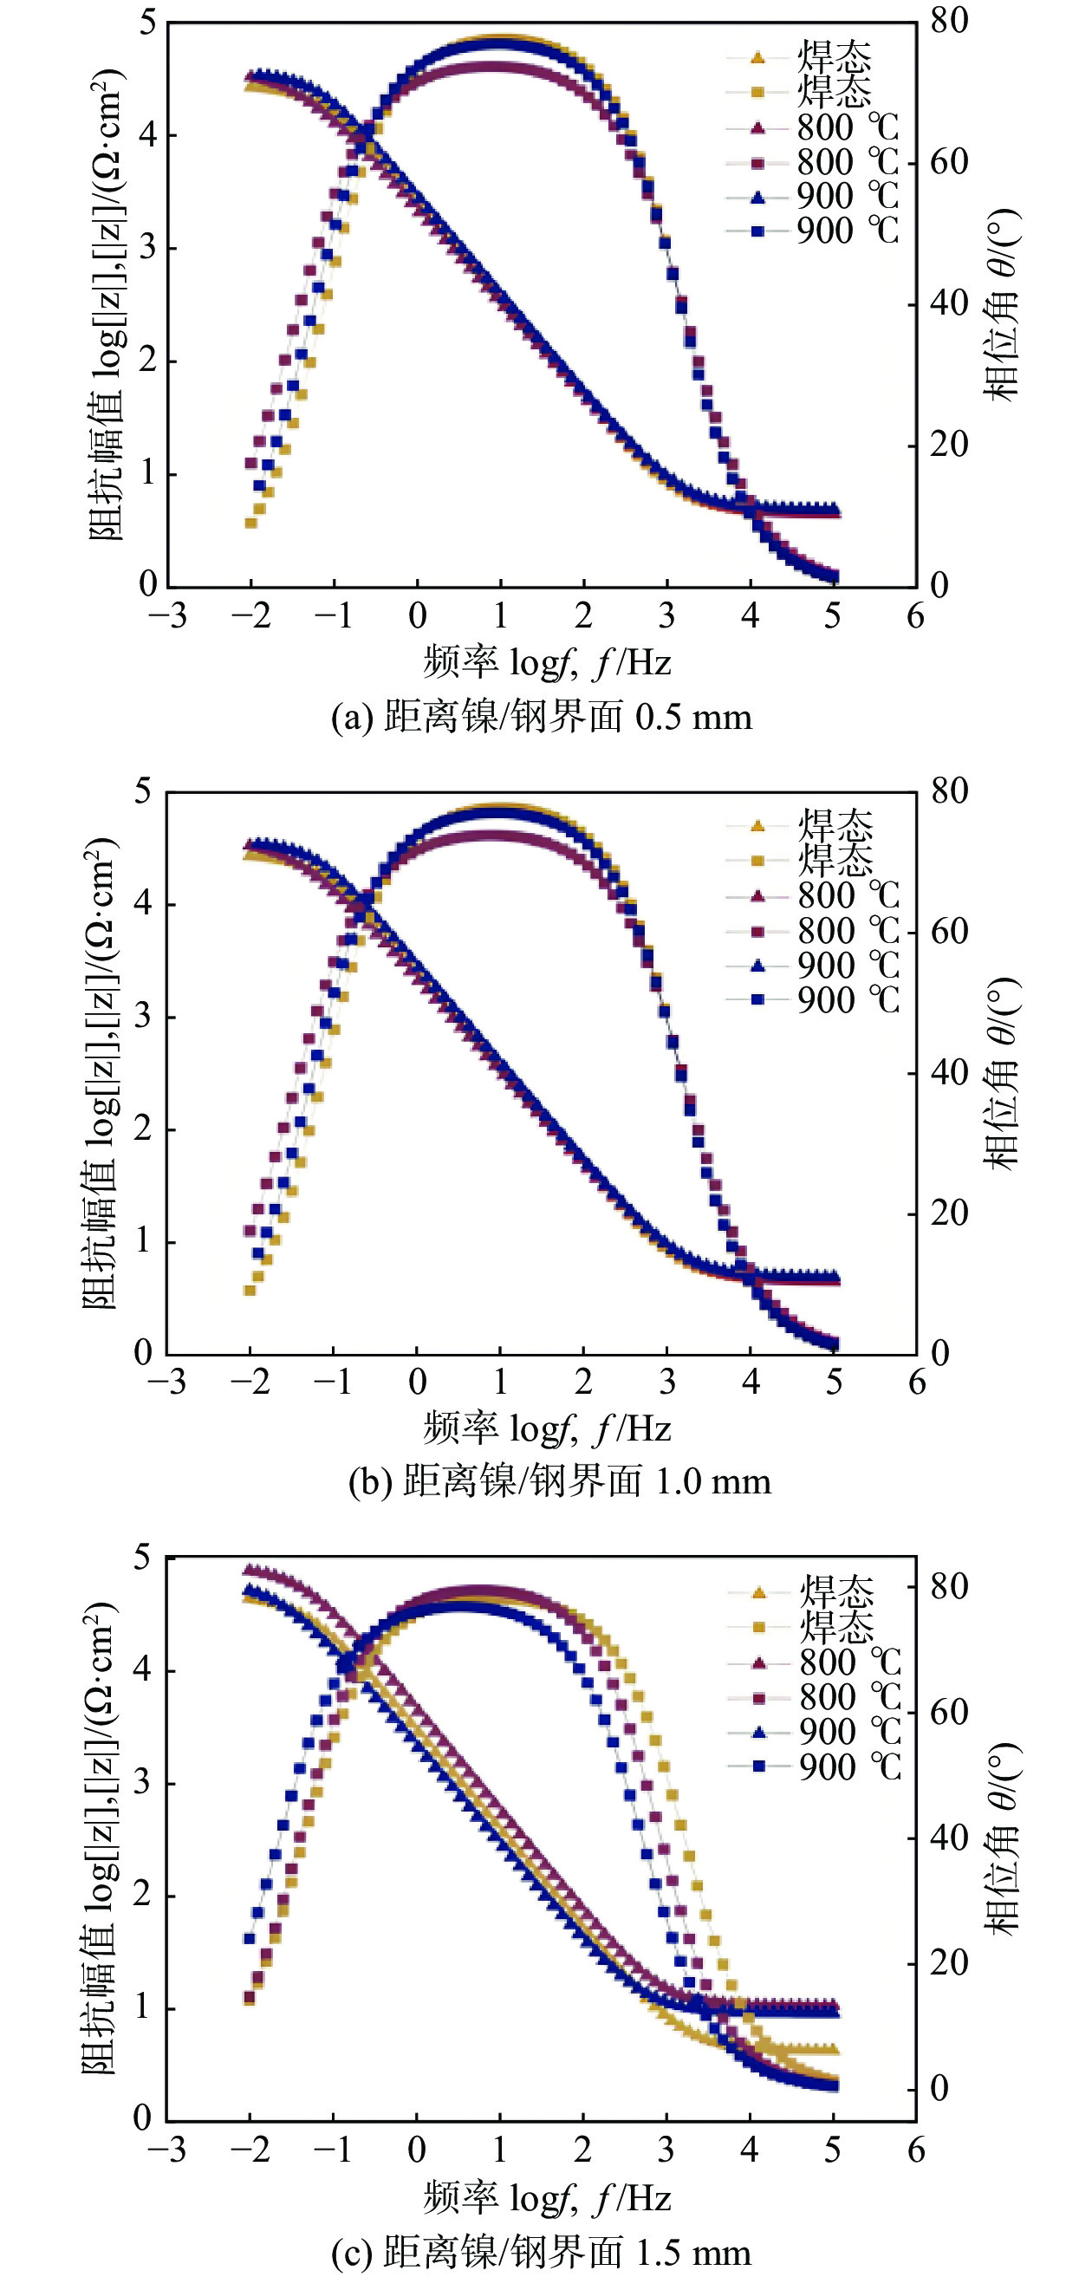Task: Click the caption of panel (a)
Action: tap(542, 716)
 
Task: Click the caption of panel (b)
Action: tap(559, 1481)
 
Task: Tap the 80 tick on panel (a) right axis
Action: tap(949, 20)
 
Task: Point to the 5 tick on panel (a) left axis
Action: tap(147, 22)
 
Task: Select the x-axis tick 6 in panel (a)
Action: tap(915, 615)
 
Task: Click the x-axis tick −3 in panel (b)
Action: tap(167, 1382)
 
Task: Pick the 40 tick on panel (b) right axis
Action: tap(950, 1072)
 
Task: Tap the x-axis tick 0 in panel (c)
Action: tap(417, 2149)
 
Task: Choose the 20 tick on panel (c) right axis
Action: tap(950, 1963)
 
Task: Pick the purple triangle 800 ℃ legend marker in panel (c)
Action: tap(758, 1663)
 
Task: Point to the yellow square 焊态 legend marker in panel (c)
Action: tap(758, 1627)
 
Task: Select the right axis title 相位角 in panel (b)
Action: tap(1002, 1073)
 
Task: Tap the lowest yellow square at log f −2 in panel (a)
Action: tap(251, 524)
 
